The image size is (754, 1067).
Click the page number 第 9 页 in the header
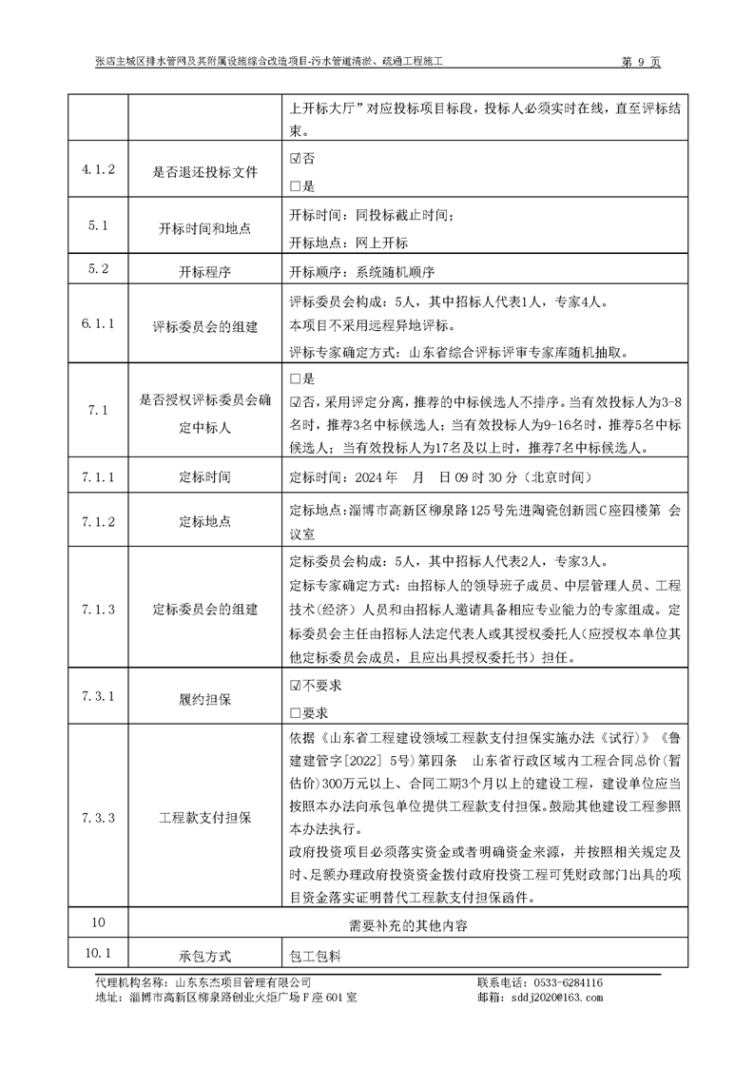640,62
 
